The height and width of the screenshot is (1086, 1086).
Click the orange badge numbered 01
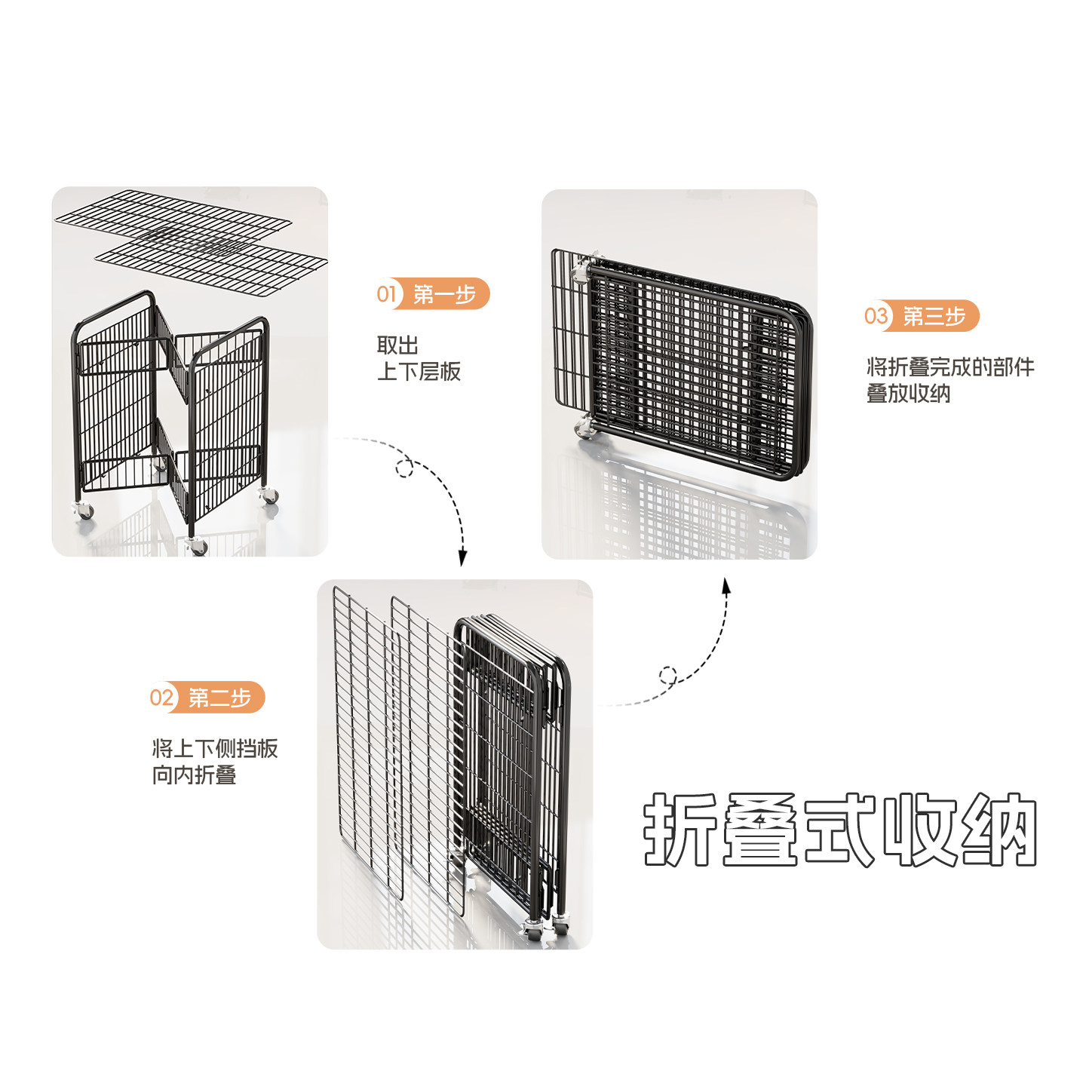[x=432, y=294]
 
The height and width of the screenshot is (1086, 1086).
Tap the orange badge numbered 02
[x=207, y=698]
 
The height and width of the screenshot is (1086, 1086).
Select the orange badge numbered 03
[x=921, y=316]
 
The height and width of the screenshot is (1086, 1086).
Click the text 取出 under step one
[x=397, y=345]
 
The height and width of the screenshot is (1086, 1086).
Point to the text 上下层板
[x=419, y=371]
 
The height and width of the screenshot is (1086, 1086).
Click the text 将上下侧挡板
[x=215, y=748]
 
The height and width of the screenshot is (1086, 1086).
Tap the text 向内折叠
[x=194, y=775]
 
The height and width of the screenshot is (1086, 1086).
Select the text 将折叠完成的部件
[x=950, y=367]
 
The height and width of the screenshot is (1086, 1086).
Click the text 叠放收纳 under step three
[x=908, y=394]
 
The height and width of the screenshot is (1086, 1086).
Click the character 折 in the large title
[x=681, y=830]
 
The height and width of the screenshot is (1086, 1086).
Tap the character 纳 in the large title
[x=999, y=830]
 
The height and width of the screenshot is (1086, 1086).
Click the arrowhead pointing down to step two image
[x=462, y=557]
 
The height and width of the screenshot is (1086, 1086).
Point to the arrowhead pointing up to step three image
[x=726, y=587]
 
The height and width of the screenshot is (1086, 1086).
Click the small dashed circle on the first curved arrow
[x=404, y=468]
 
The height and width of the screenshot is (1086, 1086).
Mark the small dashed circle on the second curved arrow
[x=667, y=674]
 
